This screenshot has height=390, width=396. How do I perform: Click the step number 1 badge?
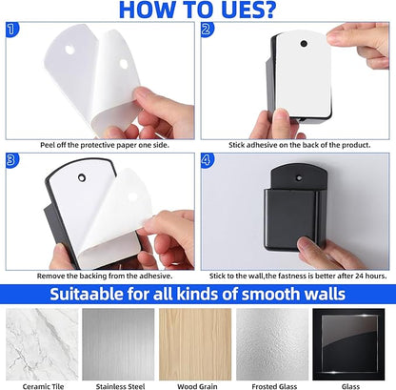click(11, 30)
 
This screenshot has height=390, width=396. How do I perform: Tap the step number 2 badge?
click(207, 30)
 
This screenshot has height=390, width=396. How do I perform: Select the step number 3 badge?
click(11, 160)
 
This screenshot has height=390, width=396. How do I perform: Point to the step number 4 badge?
click(207, 160)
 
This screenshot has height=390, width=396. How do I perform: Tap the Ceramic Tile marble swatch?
click(42, 344)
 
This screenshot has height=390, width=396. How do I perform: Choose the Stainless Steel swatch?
click(118, 344)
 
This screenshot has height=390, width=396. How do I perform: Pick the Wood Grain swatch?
click(195, 344)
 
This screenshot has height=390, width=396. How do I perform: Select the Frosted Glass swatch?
click(272, 344)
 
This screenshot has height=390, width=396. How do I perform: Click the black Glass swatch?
click(348, 344)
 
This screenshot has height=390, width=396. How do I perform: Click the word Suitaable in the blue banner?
click(87, 294)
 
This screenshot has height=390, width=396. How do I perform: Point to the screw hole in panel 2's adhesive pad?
click(304, 43)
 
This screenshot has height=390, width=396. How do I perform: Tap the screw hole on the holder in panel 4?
click(298, 178)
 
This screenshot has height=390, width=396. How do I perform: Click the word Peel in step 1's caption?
click(48, 145)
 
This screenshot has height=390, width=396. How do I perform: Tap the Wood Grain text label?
click(197, 386)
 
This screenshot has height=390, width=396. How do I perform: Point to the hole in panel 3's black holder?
click(82, 177)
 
